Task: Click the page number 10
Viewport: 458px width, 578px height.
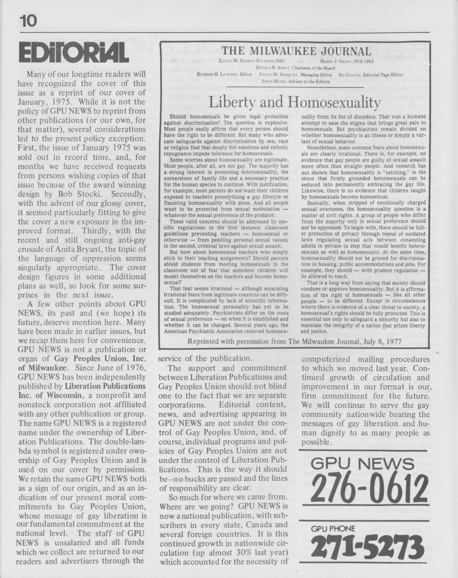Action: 27,21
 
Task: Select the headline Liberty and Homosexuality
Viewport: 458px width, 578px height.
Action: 295,102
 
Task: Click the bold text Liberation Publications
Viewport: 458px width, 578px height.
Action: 98,386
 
